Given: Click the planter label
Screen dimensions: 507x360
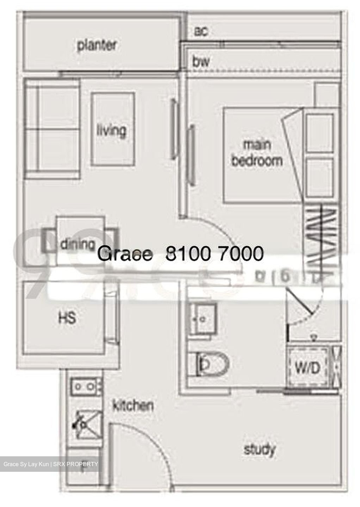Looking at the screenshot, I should click(97, 45).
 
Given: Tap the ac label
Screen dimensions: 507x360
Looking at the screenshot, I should click(201, 32).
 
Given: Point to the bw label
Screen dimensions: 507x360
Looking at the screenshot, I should click(201, 62).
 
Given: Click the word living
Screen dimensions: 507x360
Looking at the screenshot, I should click(111, 130).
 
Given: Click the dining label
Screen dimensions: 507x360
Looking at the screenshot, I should click(77, 244).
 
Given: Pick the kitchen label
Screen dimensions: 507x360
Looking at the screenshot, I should click(133, 406).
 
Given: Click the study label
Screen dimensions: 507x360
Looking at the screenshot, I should click(260, 450).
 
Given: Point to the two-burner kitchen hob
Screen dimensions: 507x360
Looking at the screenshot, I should click(85, 387).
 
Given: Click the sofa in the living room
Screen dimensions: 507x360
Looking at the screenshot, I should click(52, 129).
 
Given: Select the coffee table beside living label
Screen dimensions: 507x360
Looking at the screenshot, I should click(113, 129).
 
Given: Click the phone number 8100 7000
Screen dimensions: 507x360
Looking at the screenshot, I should click(214, 254).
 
